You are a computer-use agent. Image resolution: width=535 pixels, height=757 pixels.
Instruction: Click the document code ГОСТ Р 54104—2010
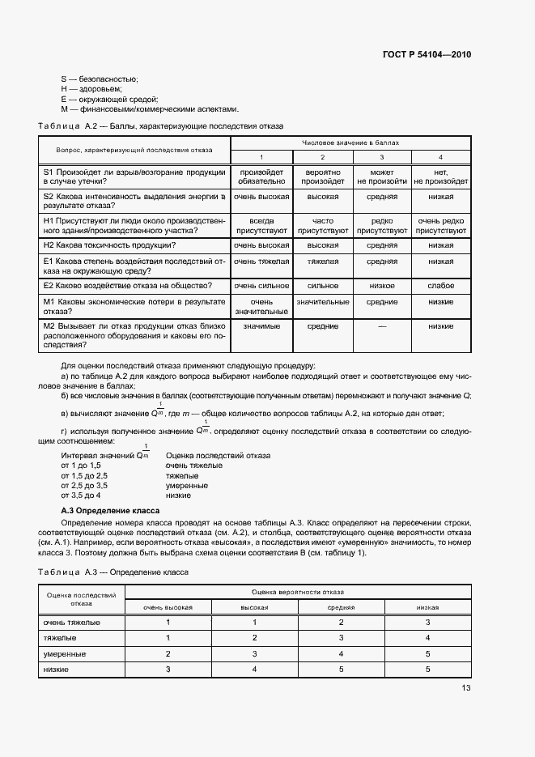pyautogui.click(x=426, y=55)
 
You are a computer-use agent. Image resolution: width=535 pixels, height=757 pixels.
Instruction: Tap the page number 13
pyautogui.click(x=465, y=687)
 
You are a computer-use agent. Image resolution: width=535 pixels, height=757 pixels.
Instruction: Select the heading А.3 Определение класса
pyautogui.click(x=111, y=512)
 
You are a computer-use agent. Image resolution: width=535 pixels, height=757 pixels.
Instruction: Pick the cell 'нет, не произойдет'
pyautogui.click(x=440, y=177)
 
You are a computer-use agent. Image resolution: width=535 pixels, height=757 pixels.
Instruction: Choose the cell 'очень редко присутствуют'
pyautogui.click(x=440, y=225)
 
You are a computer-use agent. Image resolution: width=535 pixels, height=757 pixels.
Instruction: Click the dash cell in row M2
pyautogui.click(x=382, y=325)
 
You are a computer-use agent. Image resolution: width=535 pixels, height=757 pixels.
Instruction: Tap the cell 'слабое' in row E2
pyautogui.click(x=440, y=285)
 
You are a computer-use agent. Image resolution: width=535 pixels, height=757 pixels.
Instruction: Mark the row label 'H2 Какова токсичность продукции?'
pyautogui.click(x=110, y=245)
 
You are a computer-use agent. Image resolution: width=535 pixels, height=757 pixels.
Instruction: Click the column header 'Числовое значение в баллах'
pyautogui.click(x=350, y=142)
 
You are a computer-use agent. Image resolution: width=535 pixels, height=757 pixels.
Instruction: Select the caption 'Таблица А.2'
pyautogui.click(x=67, y=126)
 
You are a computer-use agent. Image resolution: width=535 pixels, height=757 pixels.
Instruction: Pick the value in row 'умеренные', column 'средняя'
pyautogui.click(x=341, y=653)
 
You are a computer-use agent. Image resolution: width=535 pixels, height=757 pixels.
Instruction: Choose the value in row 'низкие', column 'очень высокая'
pyautogui.click(x=168, y=670)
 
